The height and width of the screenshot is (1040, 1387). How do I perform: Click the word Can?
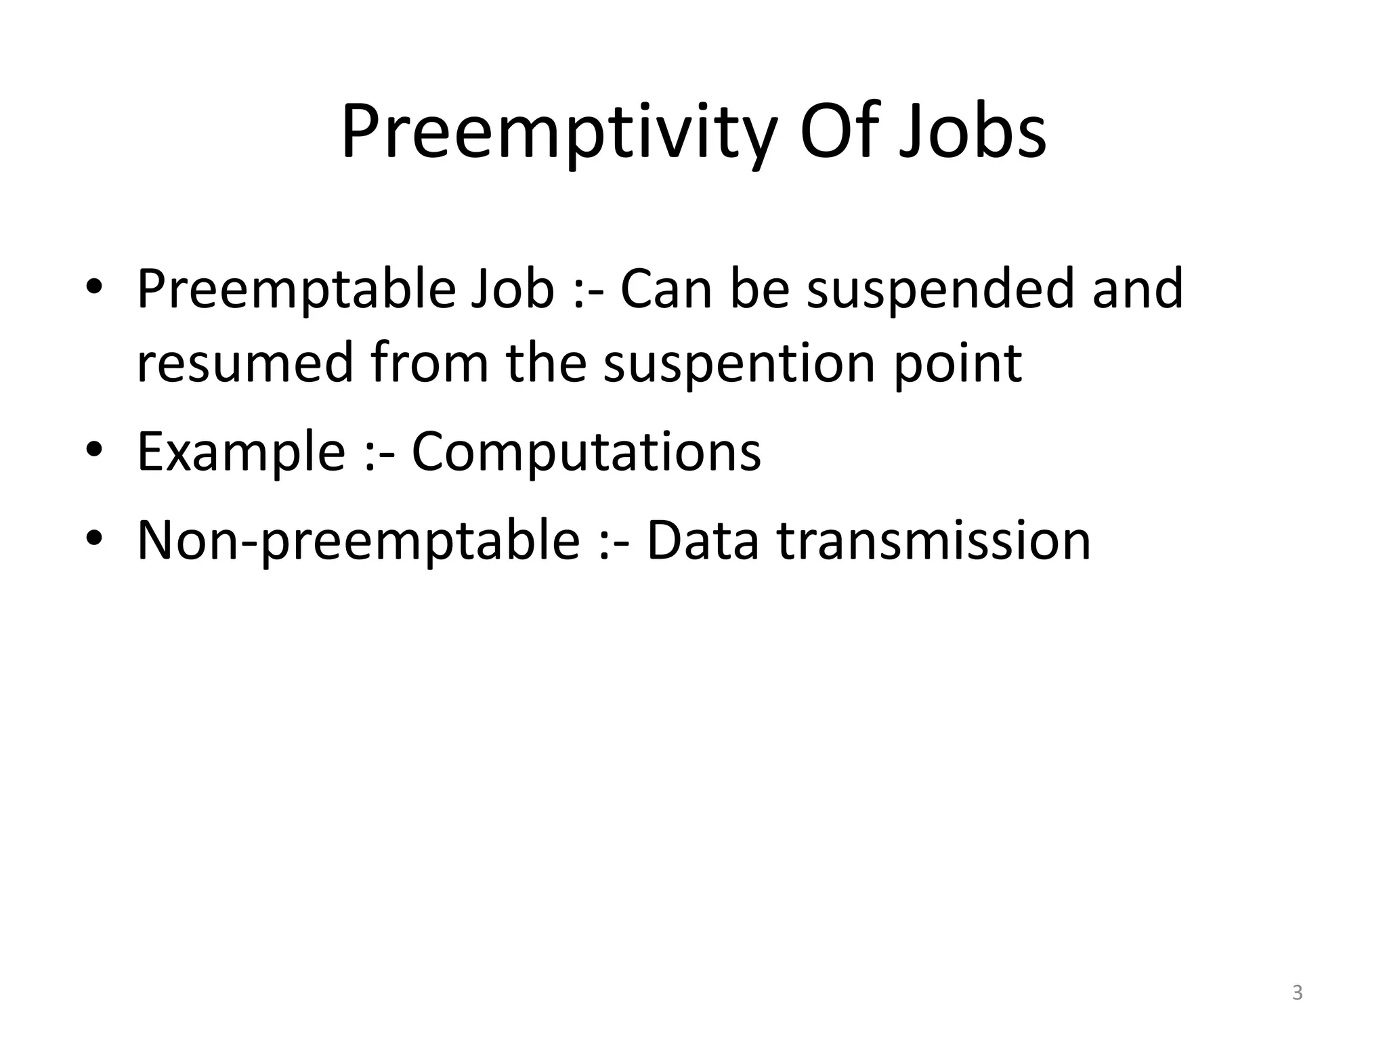666,290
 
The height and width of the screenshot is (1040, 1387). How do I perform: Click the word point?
958,364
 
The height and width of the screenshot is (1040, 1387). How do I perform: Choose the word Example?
241,452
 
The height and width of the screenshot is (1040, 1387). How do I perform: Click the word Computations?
586,452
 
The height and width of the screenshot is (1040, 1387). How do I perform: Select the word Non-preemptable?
358,541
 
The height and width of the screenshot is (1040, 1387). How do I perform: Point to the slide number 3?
1297,993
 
